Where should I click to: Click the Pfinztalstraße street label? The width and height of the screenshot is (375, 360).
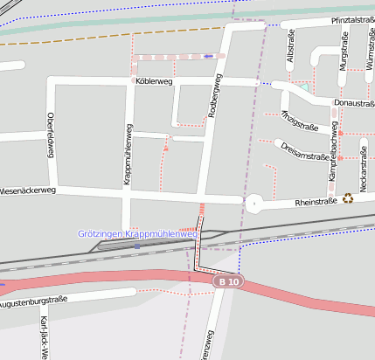pos(352,20)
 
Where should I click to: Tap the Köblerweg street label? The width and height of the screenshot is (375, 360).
pos(155,80)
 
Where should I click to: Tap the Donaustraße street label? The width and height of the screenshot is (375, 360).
pos(354,103)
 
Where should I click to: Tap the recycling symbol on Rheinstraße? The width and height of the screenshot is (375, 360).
pos(348,198)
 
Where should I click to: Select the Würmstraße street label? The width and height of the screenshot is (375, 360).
pos(371,52)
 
